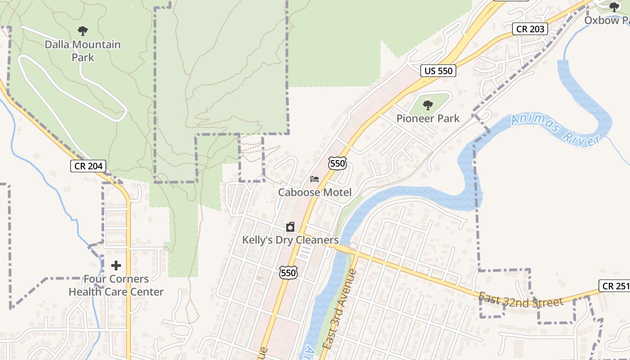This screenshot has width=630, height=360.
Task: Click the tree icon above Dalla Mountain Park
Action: pyautogui.click(x=82, y=31)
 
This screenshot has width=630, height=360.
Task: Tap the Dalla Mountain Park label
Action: pyautogui.click(x=83, y=51)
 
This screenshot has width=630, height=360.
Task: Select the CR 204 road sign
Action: pyautogui.click(x=89, y=166)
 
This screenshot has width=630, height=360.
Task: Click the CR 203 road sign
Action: pyautogui.click(x=531, y=29)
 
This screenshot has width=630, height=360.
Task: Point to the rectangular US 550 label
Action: pyautogui.click(x=438, y=71)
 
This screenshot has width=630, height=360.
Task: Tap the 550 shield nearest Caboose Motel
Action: pyautogui.click(x=337, y=163)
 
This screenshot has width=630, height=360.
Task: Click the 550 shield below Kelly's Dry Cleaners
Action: pyautogui.click(x=288, y=272)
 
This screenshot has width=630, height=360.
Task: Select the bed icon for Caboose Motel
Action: pyautogui.click(x=315, y=179)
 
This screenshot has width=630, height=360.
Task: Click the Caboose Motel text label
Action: pyautogui.click(x=315, y=193)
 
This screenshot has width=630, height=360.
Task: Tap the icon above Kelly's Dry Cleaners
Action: pyautogui.click(x=290, y=227)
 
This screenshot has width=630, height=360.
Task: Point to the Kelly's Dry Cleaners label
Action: pyautogui.click(x=290, y=240)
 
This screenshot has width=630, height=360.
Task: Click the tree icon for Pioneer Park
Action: pyautogui.click(x=427, y=105)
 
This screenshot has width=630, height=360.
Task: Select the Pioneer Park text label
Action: pyautogui.click(x=428, y=118)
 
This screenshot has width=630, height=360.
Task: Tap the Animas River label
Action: pyautogui.click(x=556, y=130)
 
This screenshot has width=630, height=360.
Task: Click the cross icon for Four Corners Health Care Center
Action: pyautogui.click(x=116, y=265)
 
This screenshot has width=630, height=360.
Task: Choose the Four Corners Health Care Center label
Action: pyautogui.click(x=116, y=285)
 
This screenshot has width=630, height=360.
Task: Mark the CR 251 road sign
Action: pyautogui.click(x=615, y=286)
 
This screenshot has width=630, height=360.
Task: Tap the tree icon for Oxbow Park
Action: pyautogui.click(x=614, y=7)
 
